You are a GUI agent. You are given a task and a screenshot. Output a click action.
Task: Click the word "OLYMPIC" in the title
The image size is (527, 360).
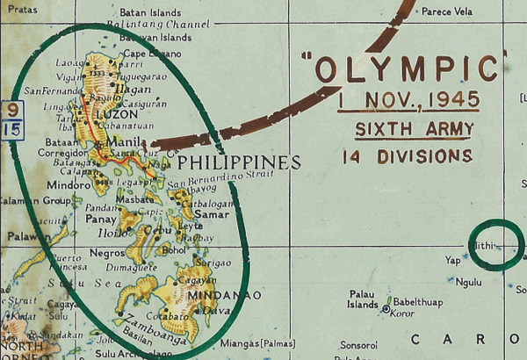(410, 68)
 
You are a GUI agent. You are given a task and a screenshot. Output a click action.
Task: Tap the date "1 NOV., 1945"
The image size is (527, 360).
(409, 101)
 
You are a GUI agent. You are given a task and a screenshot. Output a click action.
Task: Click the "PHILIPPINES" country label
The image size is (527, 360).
(239, 162)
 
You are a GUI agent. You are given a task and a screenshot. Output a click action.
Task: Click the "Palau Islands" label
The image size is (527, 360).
(364, 299)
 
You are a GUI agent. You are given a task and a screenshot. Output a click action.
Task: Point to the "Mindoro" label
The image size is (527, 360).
(62, 187)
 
